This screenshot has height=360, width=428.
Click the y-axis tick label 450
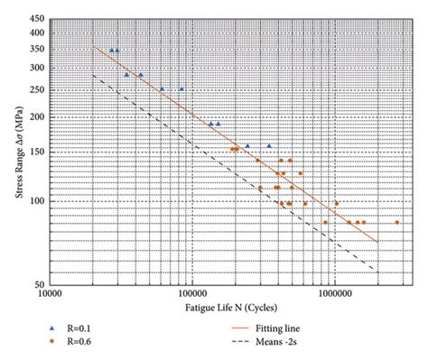(x=35, y=18)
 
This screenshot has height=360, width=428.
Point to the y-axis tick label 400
(x=35, y=32)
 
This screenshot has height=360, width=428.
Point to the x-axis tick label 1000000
(x=334, y=294)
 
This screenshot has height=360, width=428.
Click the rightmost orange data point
(x=397, y=222)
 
